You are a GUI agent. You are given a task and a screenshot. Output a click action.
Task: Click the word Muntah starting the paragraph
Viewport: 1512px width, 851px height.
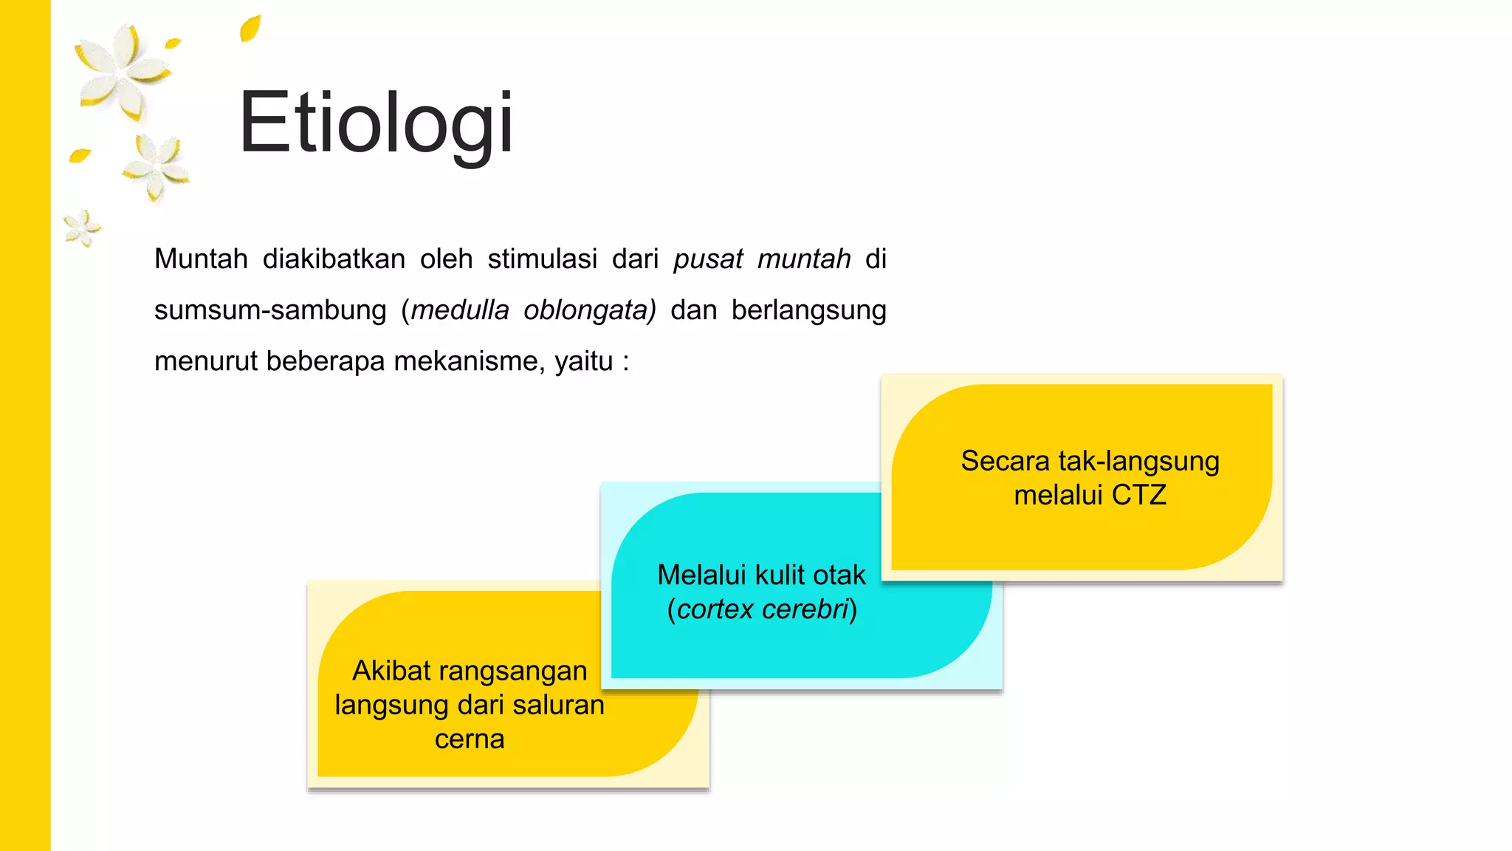coord(201,259)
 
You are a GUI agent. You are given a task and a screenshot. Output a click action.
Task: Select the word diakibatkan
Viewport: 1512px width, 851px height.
coord(334,259)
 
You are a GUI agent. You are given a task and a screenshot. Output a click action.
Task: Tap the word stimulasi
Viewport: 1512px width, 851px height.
coord(542,259)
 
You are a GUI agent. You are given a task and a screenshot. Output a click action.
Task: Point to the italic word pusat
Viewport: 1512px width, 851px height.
coord(707,259)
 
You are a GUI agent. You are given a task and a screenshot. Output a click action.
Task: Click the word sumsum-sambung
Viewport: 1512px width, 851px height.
coord(270,310)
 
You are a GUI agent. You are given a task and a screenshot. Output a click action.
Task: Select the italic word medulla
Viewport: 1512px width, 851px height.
coord(460,310)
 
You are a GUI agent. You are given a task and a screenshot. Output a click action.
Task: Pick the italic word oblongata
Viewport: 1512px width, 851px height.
coord(588,310)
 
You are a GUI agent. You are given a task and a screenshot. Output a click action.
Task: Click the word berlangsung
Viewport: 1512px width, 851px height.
coord(808,310)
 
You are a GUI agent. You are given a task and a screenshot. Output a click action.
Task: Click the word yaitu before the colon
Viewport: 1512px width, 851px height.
coord(583,361)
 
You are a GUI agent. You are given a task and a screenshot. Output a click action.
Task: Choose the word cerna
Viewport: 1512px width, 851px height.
coord(470,739)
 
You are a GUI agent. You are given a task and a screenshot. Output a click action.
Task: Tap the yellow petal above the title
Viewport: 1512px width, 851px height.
coord(250,28)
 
